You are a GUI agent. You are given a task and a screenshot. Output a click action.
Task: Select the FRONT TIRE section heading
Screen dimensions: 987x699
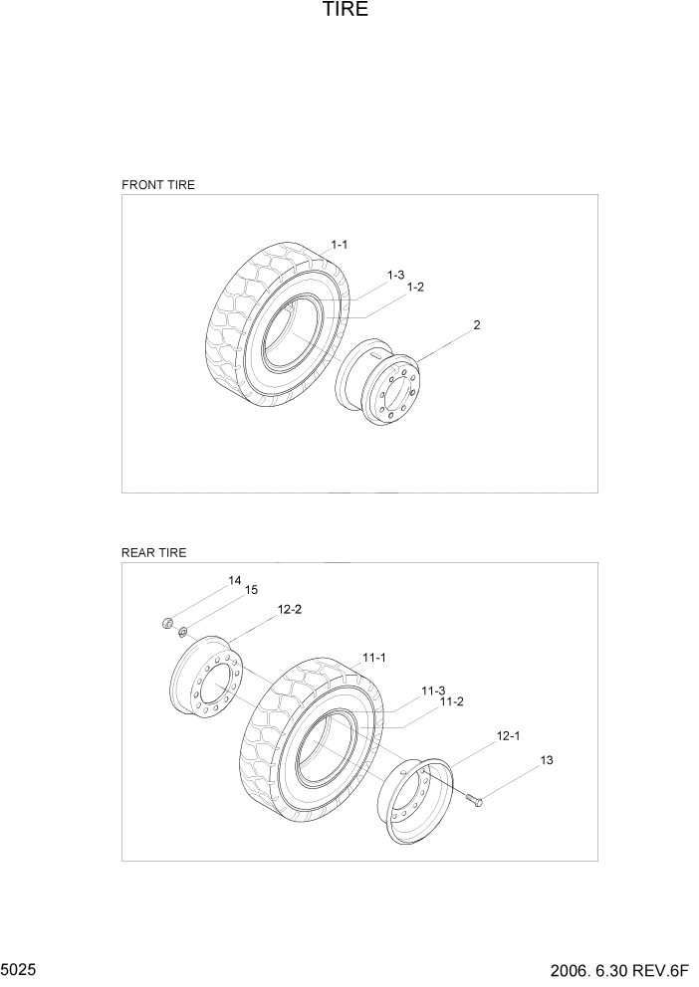click(x=158, y=185)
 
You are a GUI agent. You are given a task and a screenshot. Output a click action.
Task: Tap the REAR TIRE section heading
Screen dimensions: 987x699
click(x=154, y=552)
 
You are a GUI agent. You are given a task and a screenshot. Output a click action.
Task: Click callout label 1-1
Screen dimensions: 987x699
click(x=340, y=245)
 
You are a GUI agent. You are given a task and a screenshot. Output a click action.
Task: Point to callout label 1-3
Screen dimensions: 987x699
click(x=395, y=275)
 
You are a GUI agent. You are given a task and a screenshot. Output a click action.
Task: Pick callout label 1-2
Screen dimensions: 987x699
click(x=415, y=288)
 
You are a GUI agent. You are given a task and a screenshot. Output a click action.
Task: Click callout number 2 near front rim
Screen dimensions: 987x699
click(x=477, y=325)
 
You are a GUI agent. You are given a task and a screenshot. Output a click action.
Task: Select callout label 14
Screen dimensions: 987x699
click(x=234, y=580)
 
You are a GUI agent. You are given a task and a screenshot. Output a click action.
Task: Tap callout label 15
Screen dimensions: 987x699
click(x=250, y=590)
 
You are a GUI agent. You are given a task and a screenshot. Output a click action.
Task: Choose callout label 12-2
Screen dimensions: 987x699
click(x=290, y=609)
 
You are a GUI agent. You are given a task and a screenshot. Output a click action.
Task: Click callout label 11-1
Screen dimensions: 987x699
click(x=374, y=658)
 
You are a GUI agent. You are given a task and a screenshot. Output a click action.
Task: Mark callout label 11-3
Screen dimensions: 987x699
click(x=432, y=690)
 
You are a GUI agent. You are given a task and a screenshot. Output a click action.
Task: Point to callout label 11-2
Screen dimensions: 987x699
click(x=452, y=701)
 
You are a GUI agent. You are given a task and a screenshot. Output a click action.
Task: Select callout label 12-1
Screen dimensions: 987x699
click(x=509, y=736)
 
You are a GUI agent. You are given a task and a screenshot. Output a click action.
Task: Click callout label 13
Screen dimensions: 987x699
click(x=546, y=761)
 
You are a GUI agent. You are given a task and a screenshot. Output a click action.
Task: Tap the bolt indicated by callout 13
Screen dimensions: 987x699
click(x=472, y=800)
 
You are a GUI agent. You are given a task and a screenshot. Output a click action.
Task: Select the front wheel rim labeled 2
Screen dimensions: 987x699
click(x=381, y=382)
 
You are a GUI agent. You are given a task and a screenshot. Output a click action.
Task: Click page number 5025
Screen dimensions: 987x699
click(x=21, y=968)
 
